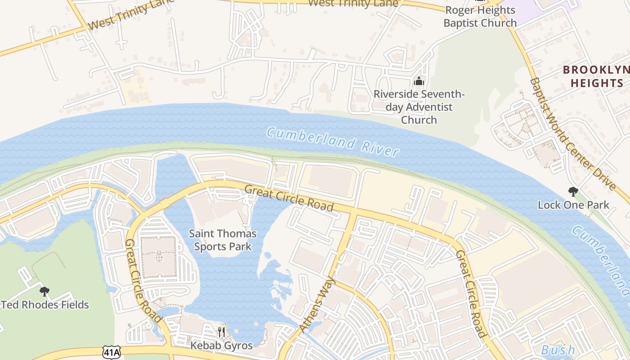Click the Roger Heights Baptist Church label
pos(480,17)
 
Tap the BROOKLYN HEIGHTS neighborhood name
pos(597,76)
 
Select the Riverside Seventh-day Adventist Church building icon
pos(419,81)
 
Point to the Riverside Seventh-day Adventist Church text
pos(419,107)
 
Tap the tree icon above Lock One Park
pos(573,192)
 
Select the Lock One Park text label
pos(573,205)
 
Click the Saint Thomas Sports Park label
pos(222,240)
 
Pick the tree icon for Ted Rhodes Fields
pos(44,292)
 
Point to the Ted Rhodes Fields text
pos(45,305)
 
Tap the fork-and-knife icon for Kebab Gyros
pos(221,332)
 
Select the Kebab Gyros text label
pos(221,345)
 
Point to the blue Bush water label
pos(558,350)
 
